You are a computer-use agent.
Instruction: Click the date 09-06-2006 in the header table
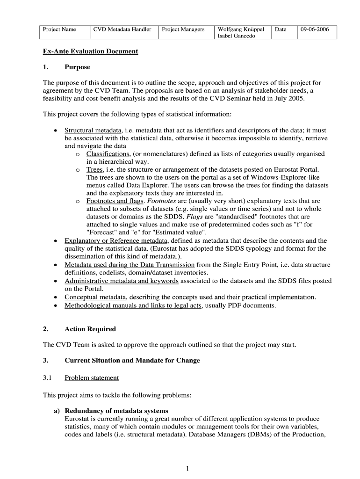pos(315,29)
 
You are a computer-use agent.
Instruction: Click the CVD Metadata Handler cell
pos(122,29)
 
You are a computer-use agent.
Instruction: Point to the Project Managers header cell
pos(183,29)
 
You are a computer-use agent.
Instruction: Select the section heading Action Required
pos(90,329)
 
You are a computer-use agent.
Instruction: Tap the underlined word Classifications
pos(108,154)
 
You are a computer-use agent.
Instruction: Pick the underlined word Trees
pos(94,169)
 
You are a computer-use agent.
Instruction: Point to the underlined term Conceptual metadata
pos(95,297)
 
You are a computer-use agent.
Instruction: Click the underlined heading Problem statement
pos(92,377)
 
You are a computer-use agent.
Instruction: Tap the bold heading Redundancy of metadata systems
pos(116,411)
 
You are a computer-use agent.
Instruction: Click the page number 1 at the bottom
pos(186,468)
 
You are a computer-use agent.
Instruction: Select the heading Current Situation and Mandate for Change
pos(132,360)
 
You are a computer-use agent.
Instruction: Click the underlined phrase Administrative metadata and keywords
pos(122,281)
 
